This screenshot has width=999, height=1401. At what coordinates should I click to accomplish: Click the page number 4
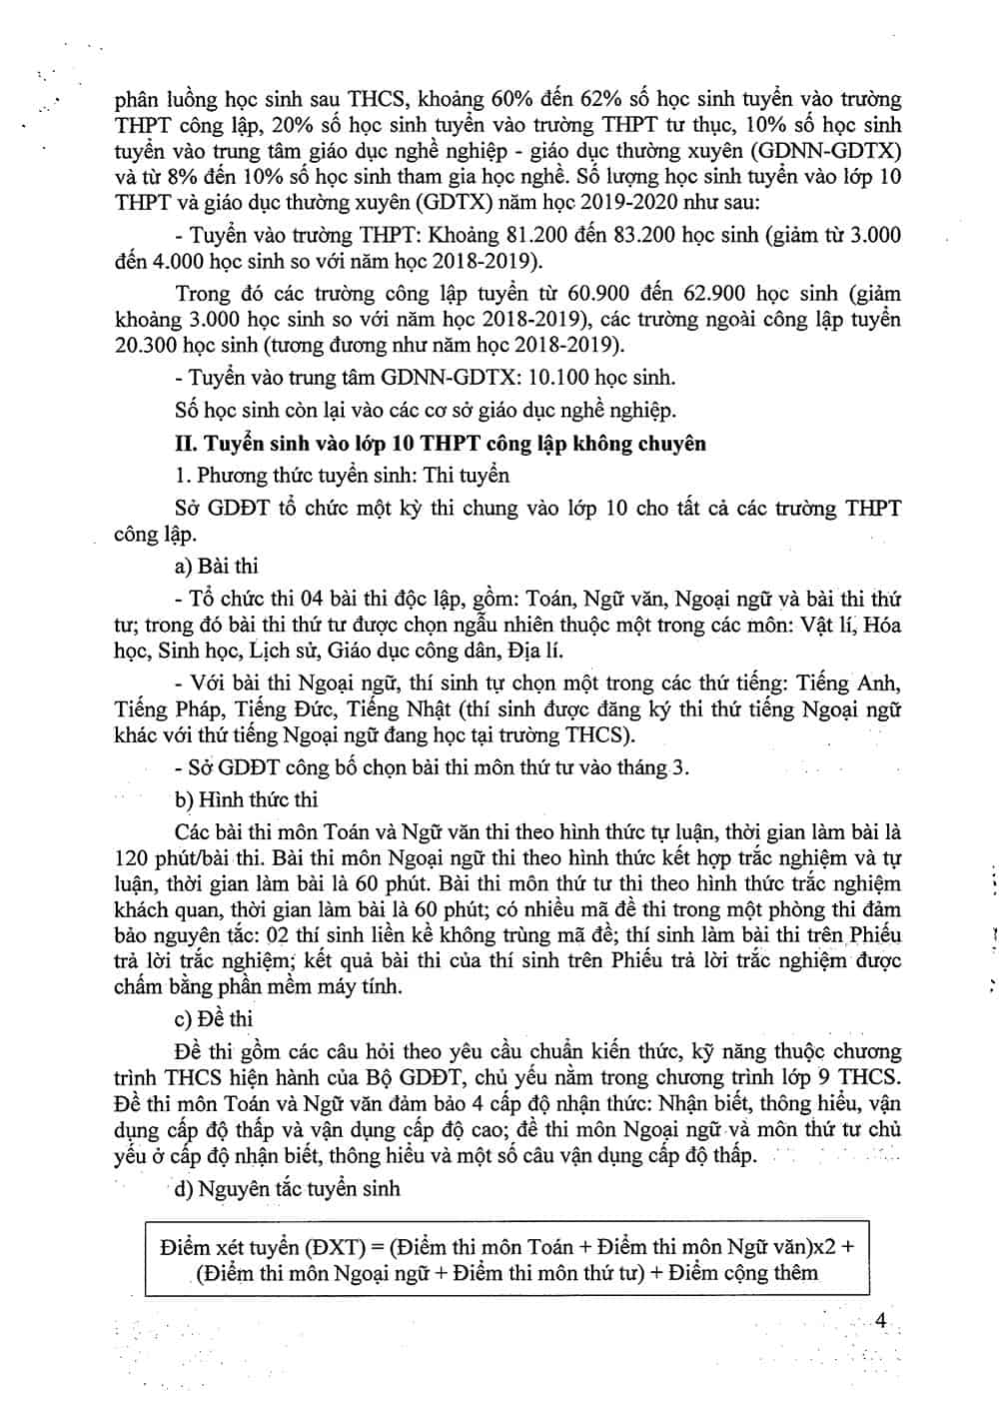881,1320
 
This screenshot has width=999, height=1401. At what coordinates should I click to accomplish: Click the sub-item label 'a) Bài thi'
216,567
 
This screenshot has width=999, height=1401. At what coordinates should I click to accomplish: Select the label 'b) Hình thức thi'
246,799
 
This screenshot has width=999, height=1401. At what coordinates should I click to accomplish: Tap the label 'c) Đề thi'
213,1018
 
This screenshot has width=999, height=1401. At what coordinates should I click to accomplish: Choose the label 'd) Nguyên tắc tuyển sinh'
287,1188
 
